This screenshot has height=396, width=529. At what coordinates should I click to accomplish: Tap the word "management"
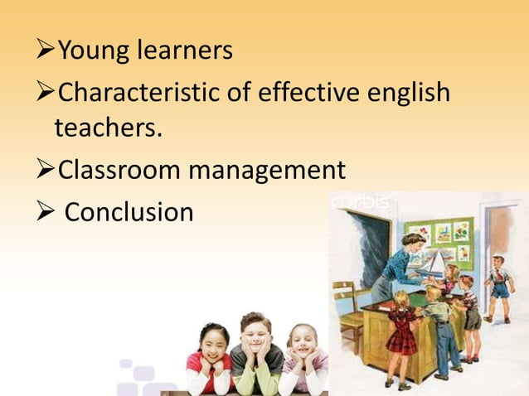pos(268,171)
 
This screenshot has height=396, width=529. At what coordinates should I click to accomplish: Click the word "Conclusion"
pos(129,212)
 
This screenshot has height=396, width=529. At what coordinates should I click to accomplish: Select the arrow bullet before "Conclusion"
pos(48,212)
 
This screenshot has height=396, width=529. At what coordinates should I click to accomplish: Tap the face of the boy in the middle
pos(256,336)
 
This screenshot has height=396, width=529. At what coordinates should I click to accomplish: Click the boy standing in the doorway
pos(497,286)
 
